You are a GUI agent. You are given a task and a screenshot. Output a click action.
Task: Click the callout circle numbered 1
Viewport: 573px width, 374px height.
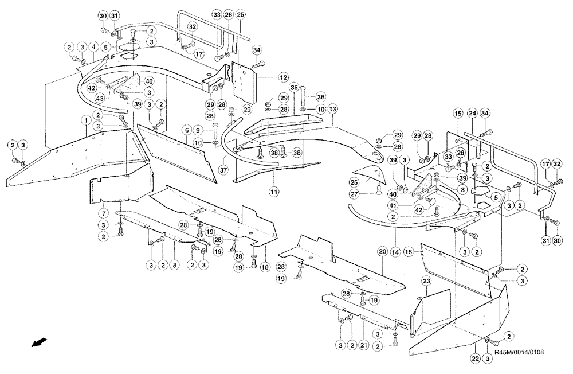(x=85, y=121)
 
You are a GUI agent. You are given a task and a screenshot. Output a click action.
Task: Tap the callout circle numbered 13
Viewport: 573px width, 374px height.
(x=332, y=108)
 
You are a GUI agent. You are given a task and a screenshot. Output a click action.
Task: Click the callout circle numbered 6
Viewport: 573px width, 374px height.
(x=186, y=131)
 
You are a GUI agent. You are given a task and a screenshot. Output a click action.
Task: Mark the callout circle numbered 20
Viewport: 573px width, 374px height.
(x=382, y=251)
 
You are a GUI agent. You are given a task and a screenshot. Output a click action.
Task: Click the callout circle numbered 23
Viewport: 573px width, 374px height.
(x=426, y=281)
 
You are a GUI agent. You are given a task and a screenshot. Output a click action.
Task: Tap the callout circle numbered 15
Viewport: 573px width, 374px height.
(x=458, y=115)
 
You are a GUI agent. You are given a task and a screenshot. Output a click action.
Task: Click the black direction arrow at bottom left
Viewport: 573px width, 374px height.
(x=40, y=342)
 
